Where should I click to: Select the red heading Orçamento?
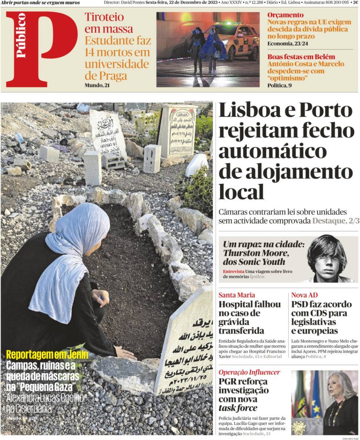[285, 15]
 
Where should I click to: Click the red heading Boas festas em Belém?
[301, 57]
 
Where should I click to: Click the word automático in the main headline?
[273, 151]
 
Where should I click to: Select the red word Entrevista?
[233, 271]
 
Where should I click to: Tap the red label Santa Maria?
[237, 295]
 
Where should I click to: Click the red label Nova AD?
[304, 295]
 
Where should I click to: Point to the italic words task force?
[238, 408]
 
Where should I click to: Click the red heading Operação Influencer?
[249, 372]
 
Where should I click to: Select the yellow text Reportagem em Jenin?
[47, 355]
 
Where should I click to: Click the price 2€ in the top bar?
[355, 2]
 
